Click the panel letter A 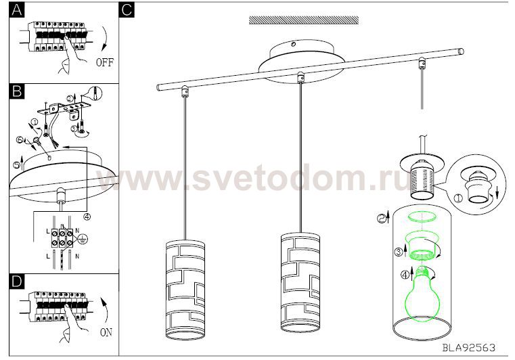[16, 10]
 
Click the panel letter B [17, 91]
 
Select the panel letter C [127, 10]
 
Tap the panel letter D [17, 282]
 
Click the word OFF [105, 62]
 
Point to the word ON [106, 332]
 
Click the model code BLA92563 [469, 347]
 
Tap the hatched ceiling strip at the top [303, 20]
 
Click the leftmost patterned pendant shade [185, 290]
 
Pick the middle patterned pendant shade [300, 282]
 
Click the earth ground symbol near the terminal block [83, 239]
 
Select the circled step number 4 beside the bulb [405, 275]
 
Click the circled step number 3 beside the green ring [399, 252]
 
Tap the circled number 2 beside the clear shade [382, 219]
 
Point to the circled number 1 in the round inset [458, 198]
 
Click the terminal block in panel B [62, 238]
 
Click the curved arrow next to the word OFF [106, 39]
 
